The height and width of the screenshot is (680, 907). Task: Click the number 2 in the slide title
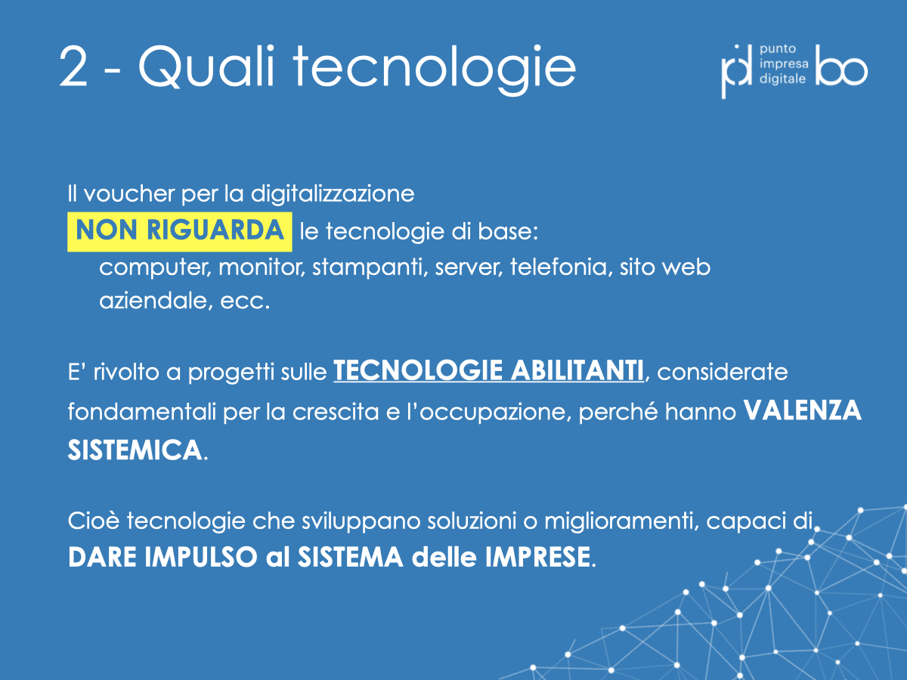(73, 66)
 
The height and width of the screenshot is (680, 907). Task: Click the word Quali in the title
(206, 66)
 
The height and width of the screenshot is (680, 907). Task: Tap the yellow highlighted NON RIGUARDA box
(180, 232)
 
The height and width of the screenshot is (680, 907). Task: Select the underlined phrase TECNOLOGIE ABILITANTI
(488, 371)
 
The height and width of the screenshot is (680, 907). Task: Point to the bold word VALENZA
(803, 411)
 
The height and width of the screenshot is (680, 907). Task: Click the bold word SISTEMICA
(135, 450)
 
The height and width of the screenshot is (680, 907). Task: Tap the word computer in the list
(155, 268)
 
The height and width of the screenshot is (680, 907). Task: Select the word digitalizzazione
(333, 193)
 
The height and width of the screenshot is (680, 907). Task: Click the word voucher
(129, 193)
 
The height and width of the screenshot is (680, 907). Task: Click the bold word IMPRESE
(537, 557)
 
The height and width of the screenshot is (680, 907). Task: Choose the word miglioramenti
(621, 521)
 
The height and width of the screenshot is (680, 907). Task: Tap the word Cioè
(94, 521)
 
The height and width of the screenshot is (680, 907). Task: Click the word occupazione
(495, 412)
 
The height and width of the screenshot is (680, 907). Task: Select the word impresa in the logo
(784, 64)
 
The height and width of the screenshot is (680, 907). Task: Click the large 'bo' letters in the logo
(841, 66)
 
